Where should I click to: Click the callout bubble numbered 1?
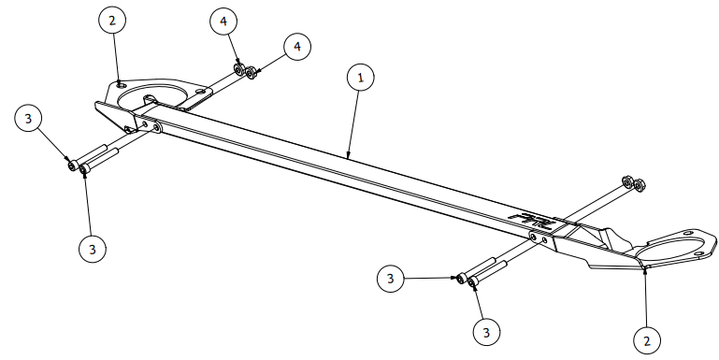(x=359, y=78)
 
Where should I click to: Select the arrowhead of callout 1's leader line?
(x=348, y=155)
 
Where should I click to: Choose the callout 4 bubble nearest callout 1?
(x=296, y=46)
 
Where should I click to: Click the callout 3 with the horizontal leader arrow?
(x=392, y=278)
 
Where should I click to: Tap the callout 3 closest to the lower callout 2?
(x=484, y=330)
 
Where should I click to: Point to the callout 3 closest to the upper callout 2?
(x=29, y=119)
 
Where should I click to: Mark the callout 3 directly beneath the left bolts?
(x=92, y=249)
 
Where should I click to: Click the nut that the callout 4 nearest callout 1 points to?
(x=251, y=71)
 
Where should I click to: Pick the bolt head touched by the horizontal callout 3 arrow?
(x=462, y=278)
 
